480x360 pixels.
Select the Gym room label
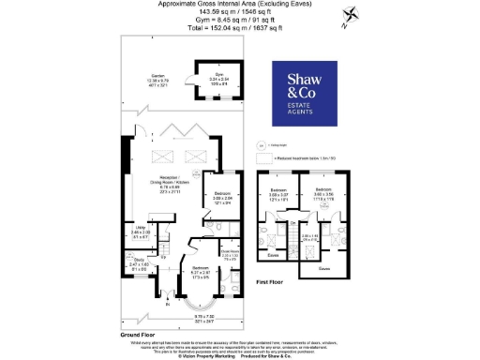pyautogui.click(x=212, y=79)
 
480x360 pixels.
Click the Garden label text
pyautogui.click(x=146, y=81)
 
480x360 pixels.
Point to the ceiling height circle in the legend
pyautogui.click(x=261, y=146)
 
